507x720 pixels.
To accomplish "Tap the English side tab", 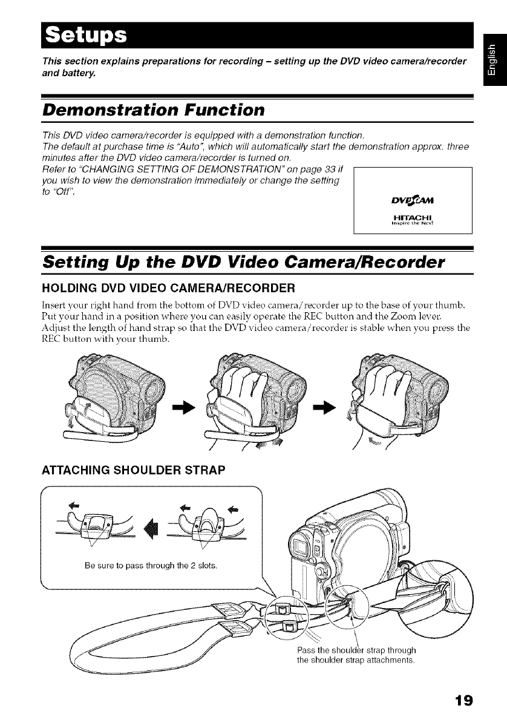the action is click(x=494, y=60).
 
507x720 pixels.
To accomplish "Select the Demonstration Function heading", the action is click(x=152, y=110).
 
